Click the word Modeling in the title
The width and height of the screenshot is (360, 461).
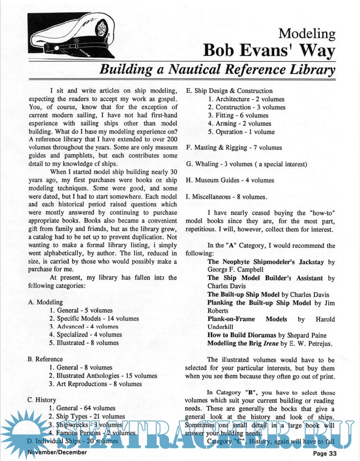pos(307,34)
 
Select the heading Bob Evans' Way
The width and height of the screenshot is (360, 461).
pos(269,50)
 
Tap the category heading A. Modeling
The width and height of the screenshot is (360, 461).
pos(46,302)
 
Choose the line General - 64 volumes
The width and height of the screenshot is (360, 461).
pos(83,408)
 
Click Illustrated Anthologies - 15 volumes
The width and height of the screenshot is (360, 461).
pos(103,376)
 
